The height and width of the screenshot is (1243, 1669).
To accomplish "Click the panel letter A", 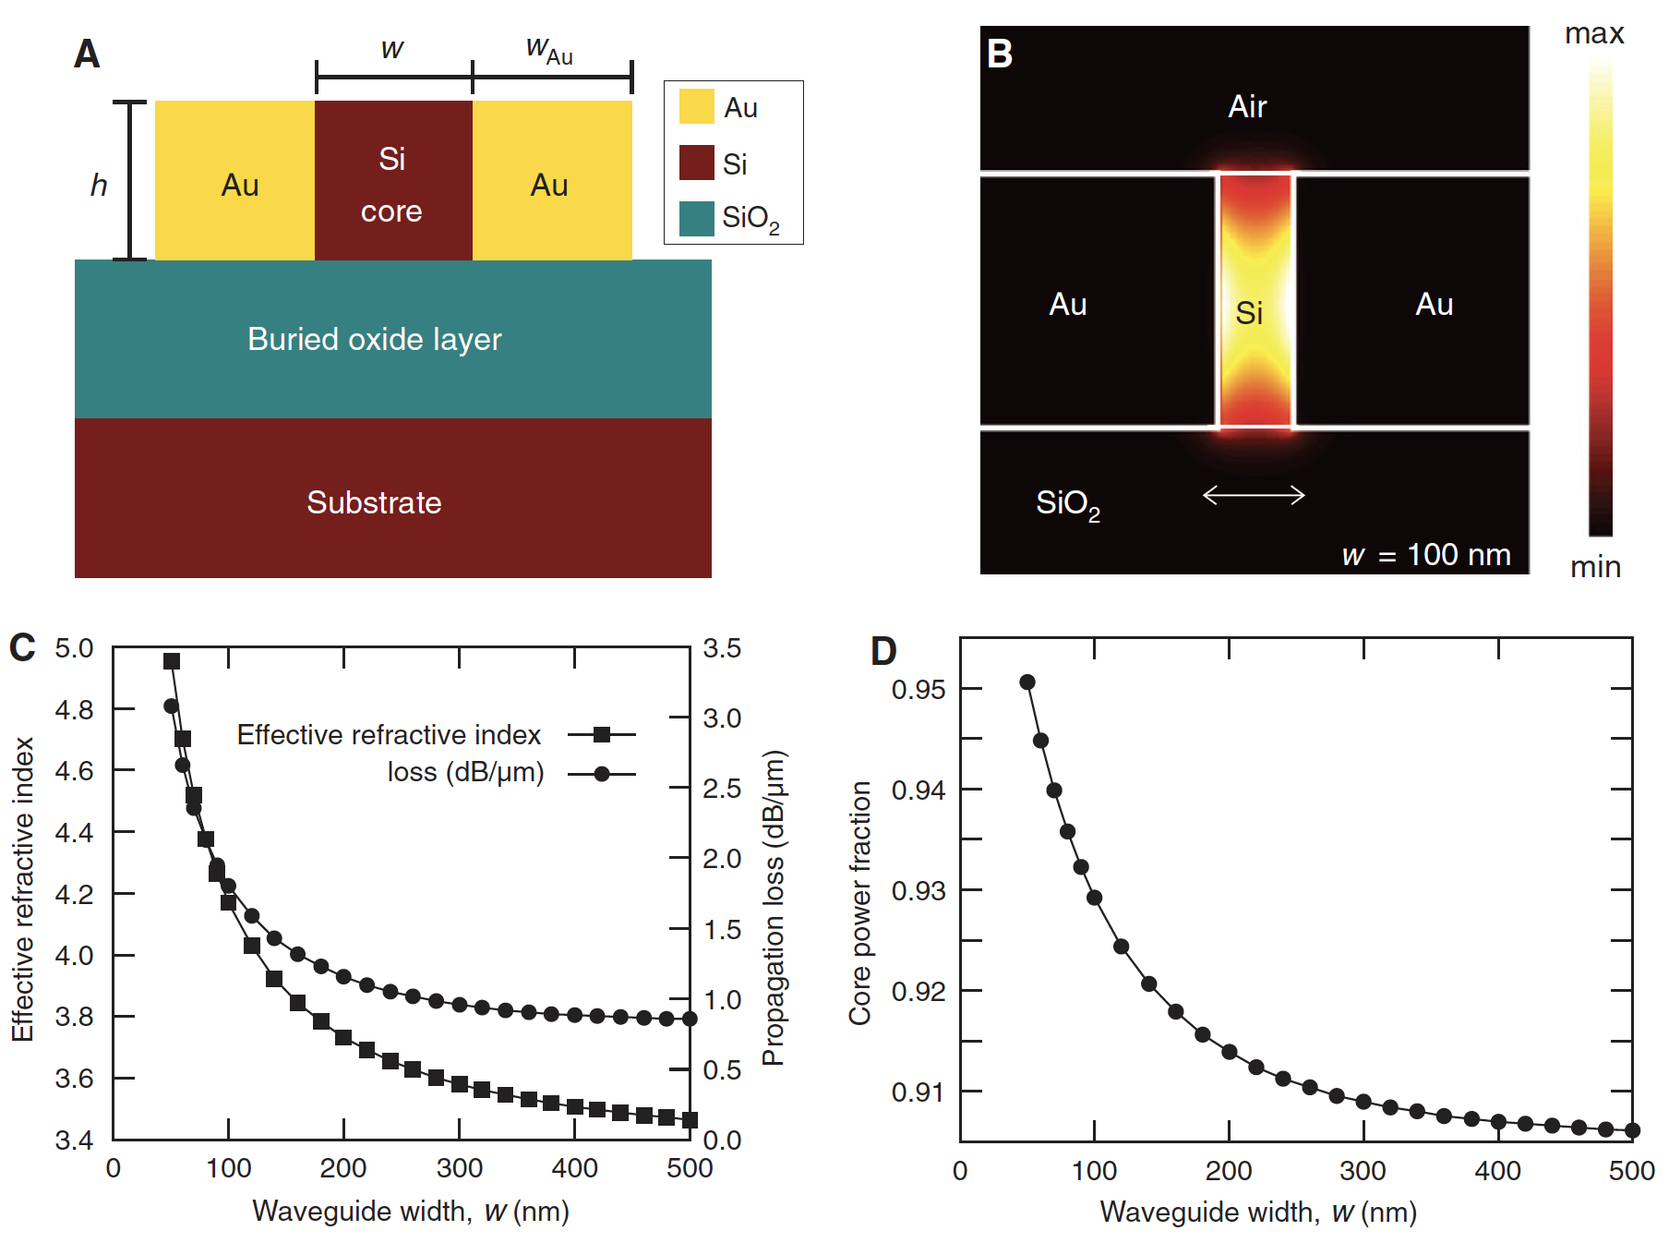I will [x=87, y=54].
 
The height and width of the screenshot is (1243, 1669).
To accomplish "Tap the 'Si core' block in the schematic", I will [x=393, y=181].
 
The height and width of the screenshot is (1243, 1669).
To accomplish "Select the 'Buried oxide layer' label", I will [x=374, y=339].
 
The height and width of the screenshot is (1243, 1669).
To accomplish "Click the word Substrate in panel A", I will [x=374, y=502].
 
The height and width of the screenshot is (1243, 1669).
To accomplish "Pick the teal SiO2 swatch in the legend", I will [x=696, y=219].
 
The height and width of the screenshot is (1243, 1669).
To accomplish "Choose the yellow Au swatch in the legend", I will [x=696, y=106].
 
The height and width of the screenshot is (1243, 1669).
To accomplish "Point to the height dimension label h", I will [x=99, y=186].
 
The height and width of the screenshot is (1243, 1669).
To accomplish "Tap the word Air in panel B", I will [x=1247, y=106].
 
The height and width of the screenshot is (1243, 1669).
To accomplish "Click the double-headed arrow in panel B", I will [x=1254, y=496].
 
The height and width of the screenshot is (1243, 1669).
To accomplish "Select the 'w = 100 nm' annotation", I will [x=1426, y=554].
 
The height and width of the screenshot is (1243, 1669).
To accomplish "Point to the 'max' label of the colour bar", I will [x=1594, y=34].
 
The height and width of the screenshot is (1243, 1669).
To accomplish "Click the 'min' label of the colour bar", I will [x=1595, y=566].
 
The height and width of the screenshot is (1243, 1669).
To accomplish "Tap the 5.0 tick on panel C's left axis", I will [x=74, y=648].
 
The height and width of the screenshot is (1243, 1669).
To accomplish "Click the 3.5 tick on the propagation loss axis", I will [x=722, y=648].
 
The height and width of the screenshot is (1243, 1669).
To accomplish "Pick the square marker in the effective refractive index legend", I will [x=602, y=735].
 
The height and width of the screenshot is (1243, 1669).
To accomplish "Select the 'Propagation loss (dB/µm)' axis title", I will [x=774, y=907].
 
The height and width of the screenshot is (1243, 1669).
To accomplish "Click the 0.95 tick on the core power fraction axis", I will [x=919, y=689].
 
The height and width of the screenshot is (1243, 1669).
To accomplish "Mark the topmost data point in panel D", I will [x=1027, y=682].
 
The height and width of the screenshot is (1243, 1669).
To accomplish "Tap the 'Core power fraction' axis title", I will [x=860, y=902].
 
